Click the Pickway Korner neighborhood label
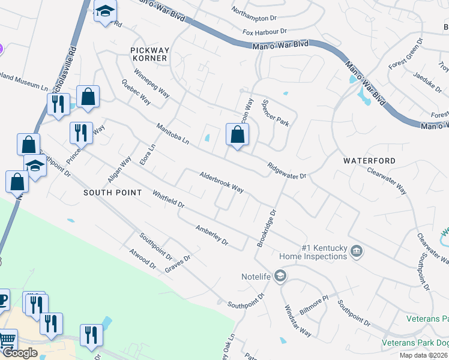coord(149,54)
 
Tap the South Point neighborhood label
coord(112,193)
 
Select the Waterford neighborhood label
coord(369,161)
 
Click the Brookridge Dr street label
coord(266,228)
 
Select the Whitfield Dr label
coord(168,199)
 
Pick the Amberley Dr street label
coord(212,235)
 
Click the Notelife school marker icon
coord(280,276)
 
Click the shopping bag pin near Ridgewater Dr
coord(237,135)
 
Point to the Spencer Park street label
coord(276,112)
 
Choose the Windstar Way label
coord(297,322)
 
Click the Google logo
coord(20,353)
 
